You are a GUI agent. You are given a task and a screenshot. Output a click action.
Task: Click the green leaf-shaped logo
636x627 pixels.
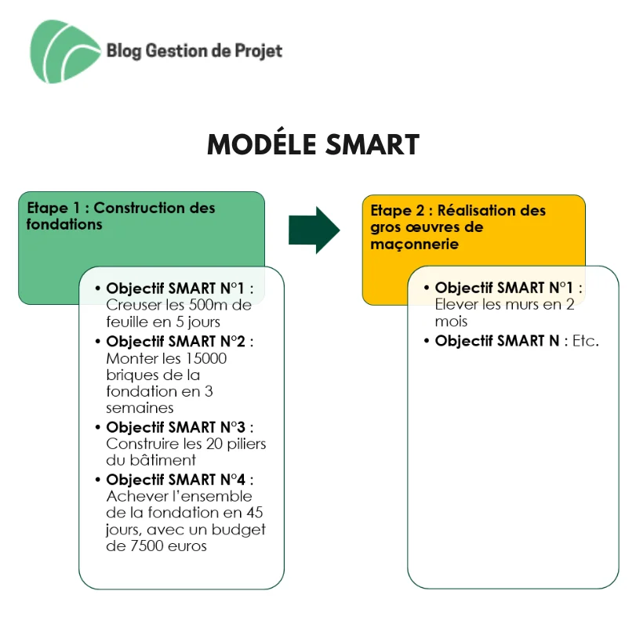click(x=65, y=52)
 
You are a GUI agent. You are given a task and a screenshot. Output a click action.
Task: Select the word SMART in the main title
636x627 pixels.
click(x=373, y=145)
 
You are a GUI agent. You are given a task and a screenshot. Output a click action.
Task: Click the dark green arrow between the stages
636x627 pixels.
click(x=314, y=230)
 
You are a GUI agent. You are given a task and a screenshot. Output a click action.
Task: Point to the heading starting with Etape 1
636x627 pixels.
click(x=121, y=216)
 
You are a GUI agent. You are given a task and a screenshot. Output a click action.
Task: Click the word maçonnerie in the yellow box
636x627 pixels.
click(x=414, y=245)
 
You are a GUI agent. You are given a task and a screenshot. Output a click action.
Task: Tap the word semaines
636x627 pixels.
click(x=140, y=408)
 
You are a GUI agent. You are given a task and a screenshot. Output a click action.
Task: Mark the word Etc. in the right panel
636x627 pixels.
click(x=585, y=341)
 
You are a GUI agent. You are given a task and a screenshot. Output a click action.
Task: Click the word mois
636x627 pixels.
click(x=451, y=321)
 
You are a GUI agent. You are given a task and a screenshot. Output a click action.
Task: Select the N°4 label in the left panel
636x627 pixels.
click(x=233, y=480)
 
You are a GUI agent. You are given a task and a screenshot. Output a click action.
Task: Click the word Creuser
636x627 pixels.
click(x=128, y=305)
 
